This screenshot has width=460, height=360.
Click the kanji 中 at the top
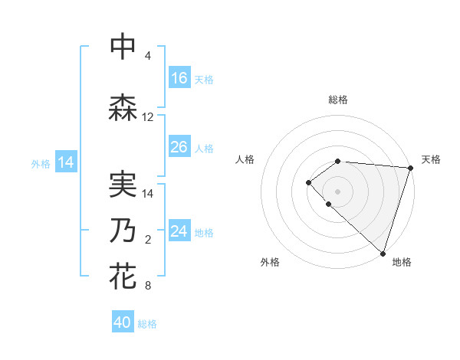[123, 47]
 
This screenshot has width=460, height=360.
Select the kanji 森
[123, 108]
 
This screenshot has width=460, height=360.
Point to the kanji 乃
[123, 231]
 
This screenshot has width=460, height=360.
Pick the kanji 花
[123, 277]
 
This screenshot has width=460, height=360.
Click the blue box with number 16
[179, 78]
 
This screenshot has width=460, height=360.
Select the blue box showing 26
[179, 147]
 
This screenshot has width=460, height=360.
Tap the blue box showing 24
[179, 231]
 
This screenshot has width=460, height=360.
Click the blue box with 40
[123, 322]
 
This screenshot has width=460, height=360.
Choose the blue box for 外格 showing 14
[65, 162]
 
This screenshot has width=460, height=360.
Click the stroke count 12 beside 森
[148, 117]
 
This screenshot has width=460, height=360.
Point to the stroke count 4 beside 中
[148, 56]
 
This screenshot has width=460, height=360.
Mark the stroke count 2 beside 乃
[148, 240]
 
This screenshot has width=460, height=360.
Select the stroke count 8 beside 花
[148, 286]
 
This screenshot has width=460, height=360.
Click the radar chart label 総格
[337, 100]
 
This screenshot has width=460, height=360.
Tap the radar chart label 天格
[431, 159]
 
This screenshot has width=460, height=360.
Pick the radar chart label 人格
[245, 159]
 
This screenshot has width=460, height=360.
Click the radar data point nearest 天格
[410, 168]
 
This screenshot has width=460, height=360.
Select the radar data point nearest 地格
[383, 253]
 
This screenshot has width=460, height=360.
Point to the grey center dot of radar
[337, 191]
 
